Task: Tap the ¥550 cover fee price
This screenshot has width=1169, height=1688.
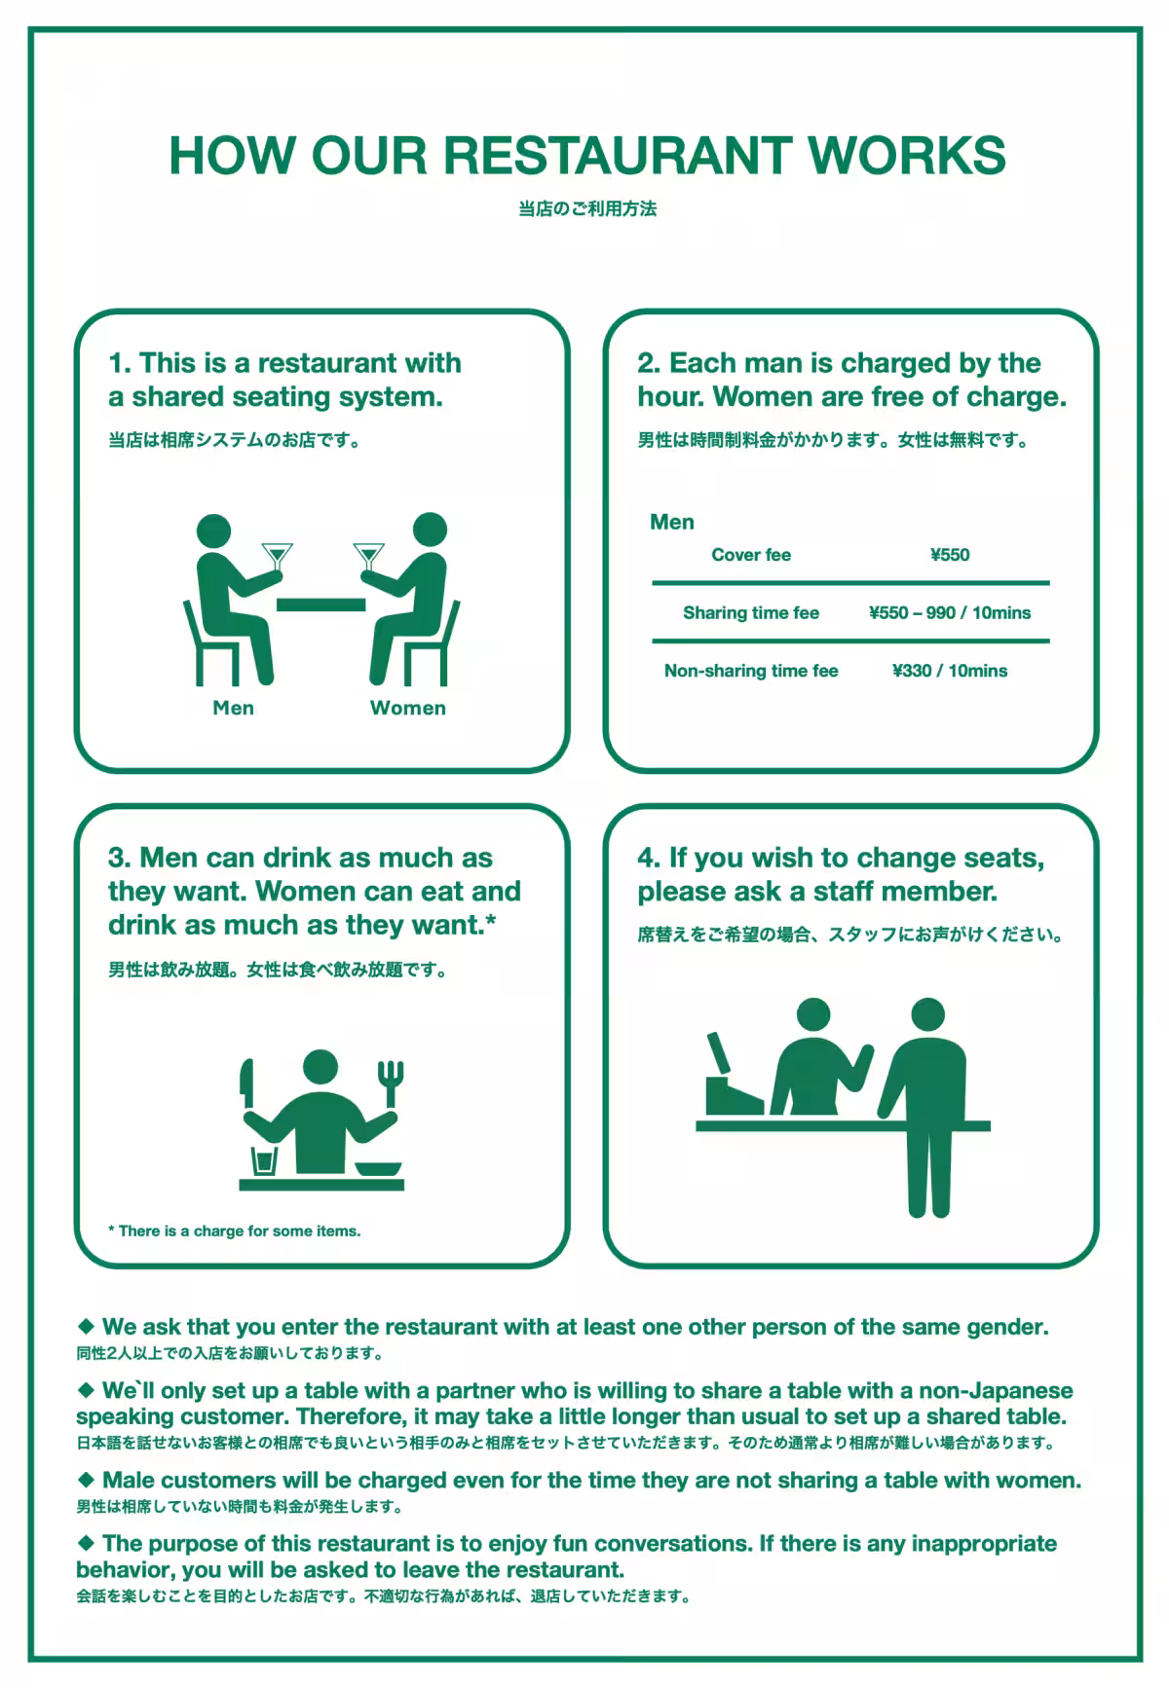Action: point(950,555)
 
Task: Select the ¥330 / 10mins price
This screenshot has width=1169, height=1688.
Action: point(950,671)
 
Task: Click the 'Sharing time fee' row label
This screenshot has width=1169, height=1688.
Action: point(751,612)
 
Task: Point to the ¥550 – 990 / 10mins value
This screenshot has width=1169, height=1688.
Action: point(950,612)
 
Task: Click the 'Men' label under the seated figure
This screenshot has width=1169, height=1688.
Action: point(233,708)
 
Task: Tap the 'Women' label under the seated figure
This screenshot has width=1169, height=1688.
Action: point(408,708)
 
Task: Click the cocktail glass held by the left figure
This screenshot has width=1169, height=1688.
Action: point(278,558)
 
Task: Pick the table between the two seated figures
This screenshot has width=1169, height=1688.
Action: point(321,605)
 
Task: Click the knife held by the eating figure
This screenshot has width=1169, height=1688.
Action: point(247,1084)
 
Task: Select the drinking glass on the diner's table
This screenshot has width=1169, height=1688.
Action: point(264,1161)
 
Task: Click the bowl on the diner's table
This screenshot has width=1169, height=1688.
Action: point(378,1169)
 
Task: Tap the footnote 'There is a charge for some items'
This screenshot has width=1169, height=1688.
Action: point(235,1231)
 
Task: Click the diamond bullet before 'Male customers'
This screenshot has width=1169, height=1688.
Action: point(86,1480)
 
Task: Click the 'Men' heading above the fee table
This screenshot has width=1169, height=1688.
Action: point(672,522)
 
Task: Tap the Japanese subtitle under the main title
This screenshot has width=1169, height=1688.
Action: point(587,208)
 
